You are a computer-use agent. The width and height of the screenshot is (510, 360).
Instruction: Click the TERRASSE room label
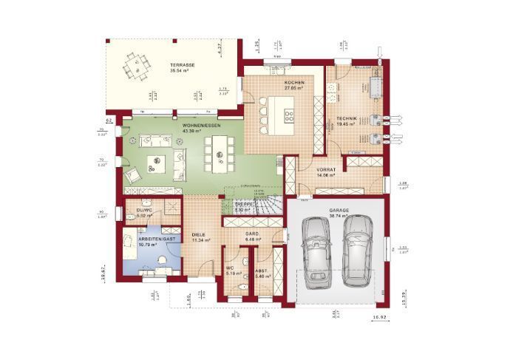(181, 66)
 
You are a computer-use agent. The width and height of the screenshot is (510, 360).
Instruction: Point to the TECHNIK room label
(347, 119)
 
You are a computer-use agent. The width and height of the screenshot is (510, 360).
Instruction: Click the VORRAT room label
(327, 170)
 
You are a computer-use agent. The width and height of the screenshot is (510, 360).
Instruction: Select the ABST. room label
(262, 271)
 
